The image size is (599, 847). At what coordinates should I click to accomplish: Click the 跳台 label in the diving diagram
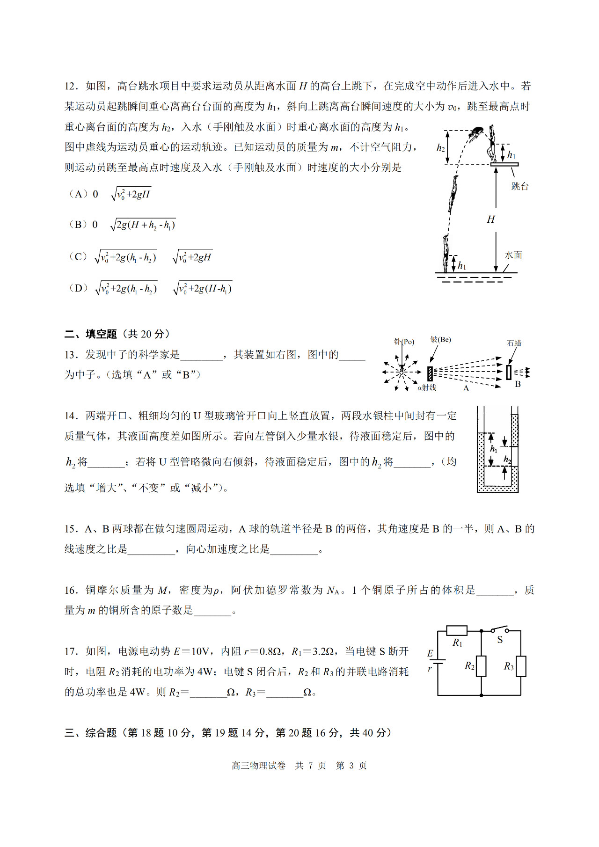pyautogui.click(x=519, y=186)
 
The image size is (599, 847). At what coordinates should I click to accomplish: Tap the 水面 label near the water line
pyautogui.click(x=513, y=255)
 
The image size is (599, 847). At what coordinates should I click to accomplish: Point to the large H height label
pyautogui.click(x=490, y=219)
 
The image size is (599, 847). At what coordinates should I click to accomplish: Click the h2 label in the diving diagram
pyautogui.click(x=440, y=148)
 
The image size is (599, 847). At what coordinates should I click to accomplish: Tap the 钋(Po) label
pyautogui.click(x=404, y=342)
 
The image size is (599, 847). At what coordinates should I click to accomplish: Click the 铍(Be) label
pyautogui.click(x=440, y=339)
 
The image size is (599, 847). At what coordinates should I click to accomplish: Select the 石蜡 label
pyautogui.click(x=514, y=343)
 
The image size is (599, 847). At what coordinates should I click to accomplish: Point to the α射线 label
pyautogui.click(x=427, y=387)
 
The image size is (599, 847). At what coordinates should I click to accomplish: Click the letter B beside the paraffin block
pyautogui.click(x=518, y=384)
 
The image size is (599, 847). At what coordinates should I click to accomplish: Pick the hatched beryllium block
pyautogui.click(x=430, y=373)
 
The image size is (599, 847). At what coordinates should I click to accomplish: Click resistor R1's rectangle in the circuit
pyautogui.click(x=457, y=630)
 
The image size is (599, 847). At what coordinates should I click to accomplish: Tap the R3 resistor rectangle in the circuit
pyautogui.click(x=521, y=666)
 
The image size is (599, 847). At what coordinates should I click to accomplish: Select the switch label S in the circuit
pyautogui.click(x=500, y=640)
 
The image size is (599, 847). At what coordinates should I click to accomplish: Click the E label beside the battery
pyautogui.click(x=431, y=653)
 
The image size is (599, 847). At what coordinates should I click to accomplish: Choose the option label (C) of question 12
pyautogui.click(x=78, y=257)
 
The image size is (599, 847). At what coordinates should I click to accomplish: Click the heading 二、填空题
pyautogui.click(x=91, y=334)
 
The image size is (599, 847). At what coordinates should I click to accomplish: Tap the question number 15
pyautogui.click(x=71, y=529)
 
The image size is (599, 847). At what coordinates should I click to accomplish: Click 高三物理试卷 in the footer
pyautogui.click(x=258, y=766)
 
